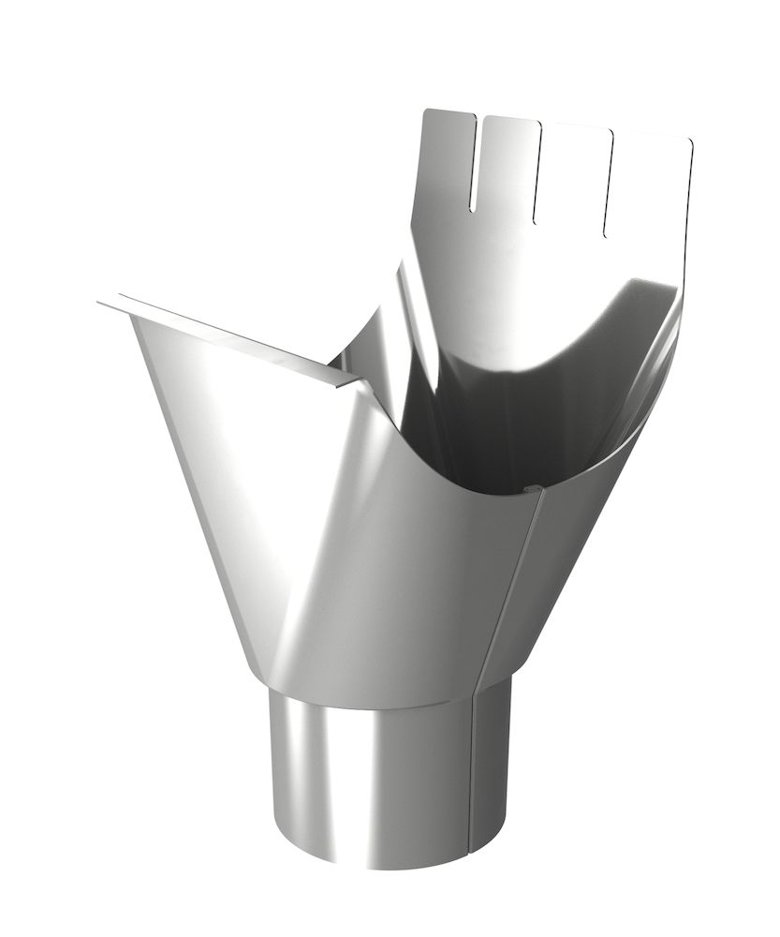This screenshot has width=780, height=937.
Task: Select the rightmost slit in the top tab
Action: pos(609,183)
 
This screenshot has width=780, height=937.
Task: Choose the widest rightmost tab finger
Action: pos(651,187)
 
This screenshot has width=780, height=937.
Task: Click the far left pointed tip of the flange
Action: pos(99,303)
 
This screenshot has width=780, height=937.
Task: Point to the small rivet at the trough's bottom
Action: pos(527,487)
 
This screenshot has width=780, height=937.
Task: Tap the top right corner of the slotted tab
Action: pos(690,143)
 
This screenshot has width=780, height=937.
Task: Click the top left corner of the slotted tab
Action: pos(427,112)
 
